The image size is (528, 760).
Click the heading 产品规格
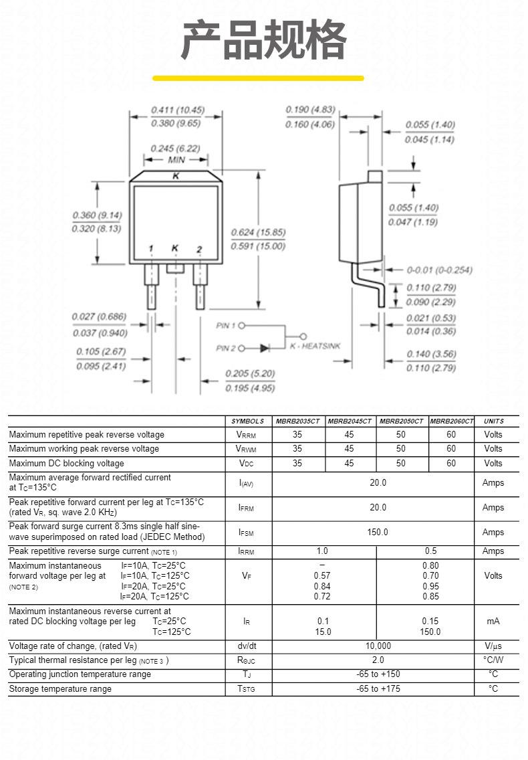click(263, 39)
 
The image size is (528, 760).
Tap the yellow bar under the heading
click(258, 78)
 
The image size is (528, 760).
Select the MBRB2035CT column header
click(298, 421)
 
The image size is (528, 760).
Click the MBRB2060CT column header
click(451, 421)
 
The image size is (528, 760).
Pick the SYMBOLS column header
click(247, 421)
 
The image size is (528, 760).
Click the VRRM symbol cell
click(246, 435)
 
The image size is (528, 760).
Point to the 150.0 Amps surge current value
click(378, 532)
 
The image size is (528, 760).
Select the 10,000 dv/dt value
click(378, 646)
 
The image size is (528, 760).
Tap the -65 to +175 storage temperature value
click(378, 689)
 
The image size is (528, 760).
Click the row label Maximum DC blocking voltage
click(66, 464)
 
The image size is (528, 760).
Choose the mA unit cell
click(493, 622)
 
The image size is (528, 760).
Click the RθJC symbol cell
click(246, 660)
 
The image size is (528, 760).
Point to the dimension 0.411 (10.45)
click(178, 110)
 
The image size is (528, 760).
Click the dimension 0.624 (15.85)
click(258, 232)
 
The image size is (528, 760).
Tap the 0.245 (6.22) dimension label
click(175, 149)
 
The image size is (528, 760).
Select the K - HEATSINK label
click(315, 346)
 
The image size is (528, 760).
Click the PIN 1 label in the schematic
click(225, 326)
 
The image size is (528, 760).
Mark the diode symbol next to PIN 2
click(265, 348)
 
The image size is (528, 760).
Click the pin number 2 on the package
click(199, 250)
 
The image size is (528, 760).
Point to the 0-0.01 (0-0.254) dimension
click(439, 270)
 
